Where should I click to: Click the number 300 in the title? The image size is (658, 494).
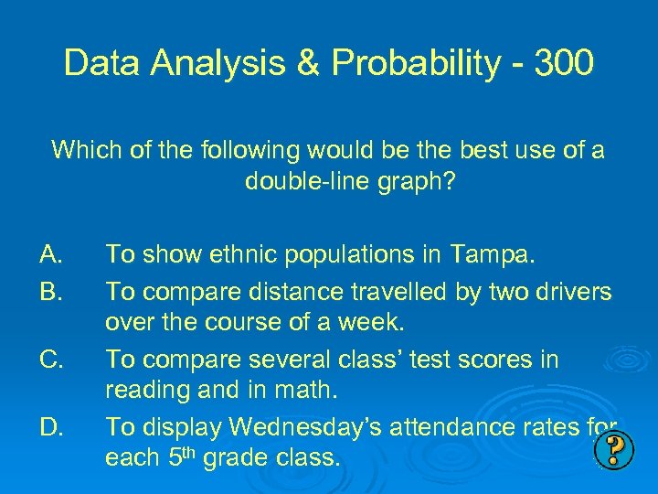pyautogui.click(x=565, y=63)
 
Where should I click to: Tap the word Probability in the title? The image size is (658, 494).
pyautogui.click(x=415, y=63)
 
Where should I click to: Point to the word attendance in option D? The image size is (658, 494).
pyautogui.click(x=448, y=427)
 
